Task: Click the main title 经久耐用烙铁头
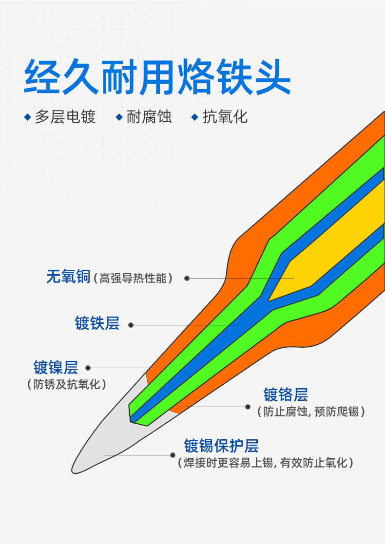pos(157,77)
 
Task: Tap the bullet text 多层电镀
pos(65,117)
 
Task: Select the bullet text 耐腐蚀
pos(149,117)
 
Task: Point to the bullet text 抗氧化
pos(225,117)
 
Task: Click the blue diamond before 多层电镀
pos(28,117)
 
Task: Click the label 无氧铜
pos(68,277)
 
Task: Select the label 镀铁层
pos(97,323)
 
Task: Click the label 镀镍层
pos(56,367)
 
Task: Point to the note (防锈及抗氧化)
pos(66,384)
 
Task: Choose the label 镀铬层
pos(286,394)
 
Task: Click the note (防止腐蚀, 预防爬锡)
pos(311,412)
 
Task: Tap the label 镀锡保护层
pos(221,445)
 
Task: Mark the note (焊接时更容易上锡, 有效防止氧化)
pos(266,463)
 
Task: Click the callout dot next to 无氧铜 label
pos(187,279)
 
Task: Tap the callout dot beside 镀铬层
pos(248,406)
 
